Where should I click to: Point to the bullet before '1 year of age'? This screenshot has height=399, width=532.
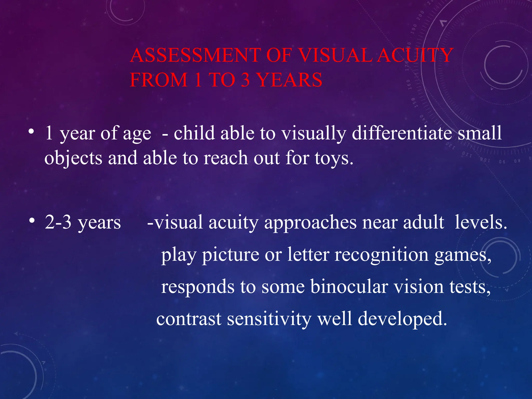pos(31,131)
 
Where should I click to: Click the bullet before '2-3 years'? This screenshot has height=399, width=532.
pos(31,221)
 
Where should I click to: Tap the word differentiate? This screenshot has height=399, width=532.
pos(402,133)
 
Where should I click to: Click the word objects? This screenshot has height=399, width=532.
pos(73,158)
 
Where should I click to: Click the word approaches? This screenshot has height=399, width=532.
pos(310,223)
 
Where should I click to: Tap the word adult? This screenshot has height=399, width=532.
pos(423,222)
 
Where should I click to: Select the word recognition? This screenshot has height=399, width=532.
pos(381,255)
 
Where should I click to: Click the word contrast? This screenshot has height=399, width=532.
pos(189,319)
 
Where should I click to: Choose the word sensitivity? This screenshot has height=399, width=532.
pos(269,319)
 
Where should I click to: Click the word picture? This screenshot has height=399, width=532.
pos(231,255)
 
